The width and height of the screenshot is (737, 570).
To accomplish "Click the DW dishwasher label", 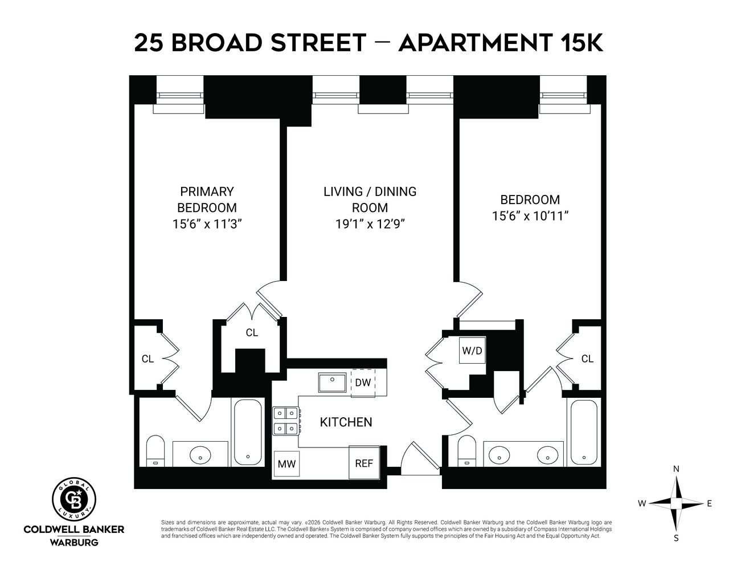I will (363, 382).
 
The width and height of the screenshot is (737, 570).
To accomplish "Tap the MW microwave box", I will (286, 464).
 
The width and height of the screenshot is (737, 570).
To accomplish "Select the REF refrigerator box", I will (364, 463).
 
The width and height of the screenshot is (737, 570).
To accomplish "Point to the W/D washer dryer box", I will (472, 351).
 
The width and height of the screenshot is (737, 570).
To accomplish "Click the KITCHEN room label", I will (346, 422).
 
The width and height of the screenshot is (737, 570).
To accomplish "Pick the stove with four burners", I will (286, 421).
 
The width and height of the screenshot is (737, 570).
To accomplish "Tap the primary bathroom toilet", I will (155, 450).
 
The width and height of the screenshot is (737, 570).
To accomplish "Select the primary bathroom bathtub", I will (248, 432).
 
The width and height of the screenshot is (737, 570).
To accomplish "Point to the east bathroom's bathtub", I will (583, 431).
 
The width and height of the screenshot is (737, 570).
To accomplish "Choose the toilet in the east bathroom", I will (467, 450).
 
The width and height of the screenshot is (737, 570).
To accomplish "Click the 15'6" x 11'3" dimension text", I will (207, 224).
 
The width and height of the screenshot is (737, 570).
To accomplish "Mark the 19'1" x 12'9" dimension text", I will (370, 224).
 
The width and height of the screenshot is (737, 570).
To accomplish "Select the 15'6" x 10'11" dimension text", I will (530, 216).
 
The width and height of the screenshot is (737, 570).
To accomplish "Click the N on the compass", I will (676, 469).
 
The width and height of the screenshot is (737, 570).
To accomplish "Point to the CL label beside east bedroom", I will (587, 359).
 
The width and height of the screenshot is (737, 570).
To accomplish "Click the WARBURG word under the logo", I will (74, 541).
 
